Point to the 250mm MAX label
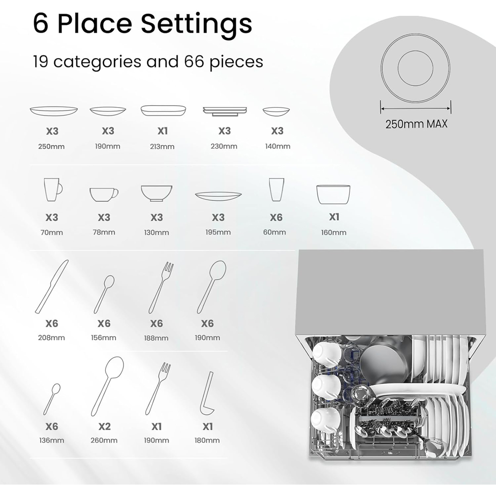tap(416, 124)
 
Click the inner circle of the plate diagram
tap(415, 67)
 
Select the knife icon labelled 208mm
tap(52, 287)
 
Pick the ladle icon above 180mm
tap(207, 393)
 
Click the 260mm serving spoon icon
tap(108, 386)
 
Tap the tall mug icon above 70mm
tap(53, 189)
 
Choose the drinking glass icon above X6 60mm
tap(276, 189)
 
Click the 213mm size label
tap(162, 146)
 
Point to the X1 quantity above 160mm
tap(334, 217)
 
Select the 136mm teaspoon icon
tap(52, 399)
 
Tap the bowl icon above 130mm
tap(157, 193)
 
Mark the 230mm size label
tap(224, 146)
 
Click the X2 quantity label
tap(104, 427)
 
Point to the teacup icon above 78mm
tap(104, 194)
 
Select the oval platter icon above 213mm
tap(163, 111)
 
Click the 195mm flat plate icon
tap(218, 196)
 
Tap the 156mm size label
tap(104, 338)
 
